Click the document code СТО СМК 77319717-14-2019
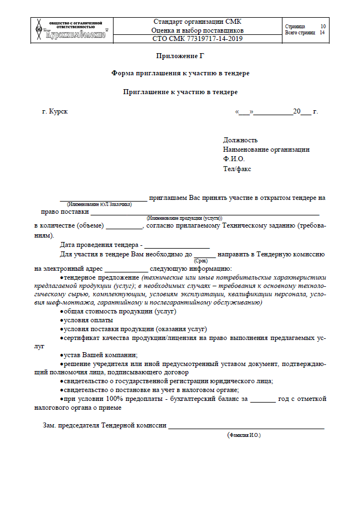click(x=197, y=39)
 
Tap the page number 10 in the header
click(x=323, y=27)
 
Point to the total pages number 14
click(x=322, y=33)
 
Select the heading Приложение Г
click(x=181, y=56)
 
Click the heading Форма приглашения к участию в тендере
click(x=181, y=73)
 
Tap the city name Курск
click(x=58, y=112)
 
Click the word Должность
click(x=240, y=140)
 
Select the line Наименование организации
click(x=266, y=150)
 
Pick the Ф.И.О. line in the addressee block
click(x=234, y=159)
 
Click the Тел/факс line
click(x=237, y=168)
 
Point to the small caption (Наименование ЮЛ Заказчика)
click(x=100, y=204)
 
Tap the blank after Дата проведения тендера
click(x=177, y=245)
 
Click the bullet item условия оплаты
click(x=89, y=320)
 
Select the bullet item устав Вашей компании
click(x=100, y=354)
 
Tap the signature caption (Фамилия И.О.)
click(x=244, y=436)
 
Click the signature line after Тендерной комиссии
click(x=246, y=426)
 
